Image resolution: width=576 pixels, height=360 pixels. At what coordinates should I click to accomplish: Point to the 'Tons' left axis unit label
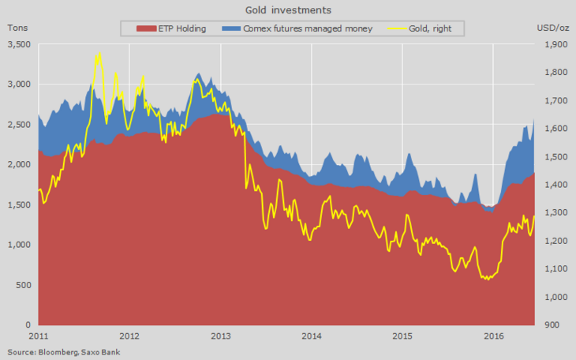coord(18,28)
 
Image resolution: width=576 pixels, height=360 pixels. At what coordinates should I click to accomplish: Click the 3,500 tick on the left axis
coord(18,45)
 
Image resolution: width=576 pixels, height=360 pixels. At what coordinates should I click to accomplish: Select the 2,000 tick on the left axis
coord(18,165)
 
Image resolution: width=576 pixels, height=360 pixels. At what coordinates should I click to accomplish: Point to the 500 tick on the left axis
coord(23,285)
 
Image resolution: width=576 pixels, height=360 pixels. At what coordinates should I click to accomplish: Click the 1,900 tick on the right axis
coord(556,45)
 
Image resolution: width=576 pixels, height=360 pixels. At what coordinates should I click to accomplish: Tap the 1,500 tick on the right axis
coord(556,157)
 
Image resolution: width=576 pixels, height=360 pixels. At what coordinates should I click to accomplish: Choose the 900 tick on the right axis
coord(553,325)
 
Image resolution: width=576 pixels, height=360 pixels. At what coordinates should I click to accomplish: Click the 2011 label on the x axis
coord(39,336)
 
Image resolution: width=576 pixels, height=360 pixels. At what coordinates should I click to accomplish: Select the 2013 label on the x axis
coord(221,336)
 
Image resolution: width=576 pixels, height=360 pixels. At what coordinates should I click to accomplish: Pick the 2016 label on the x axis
coord(493,336)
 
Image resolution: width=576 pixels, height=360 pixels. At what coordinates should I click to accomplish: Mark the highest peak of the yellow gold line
coord(98,54)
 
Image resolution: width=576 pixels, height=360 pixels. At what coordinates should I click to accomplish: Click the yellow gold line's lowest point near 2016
coord(487,279)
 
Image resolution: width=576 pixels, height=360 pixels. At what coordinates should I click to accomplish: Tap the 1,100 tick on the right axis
coord(556,269)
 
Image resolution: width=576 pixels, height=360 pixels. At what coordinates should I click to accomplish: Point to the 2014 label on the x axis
coord(312,336)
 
